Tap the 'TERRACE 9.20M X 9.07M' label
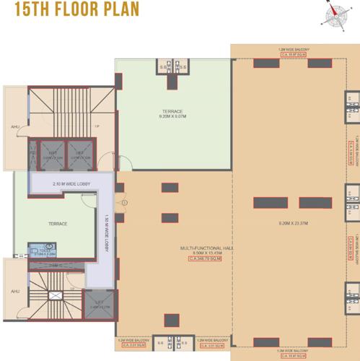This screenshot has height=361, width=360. point(173,113)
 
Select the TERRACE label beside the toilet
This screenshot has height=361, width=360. point(58,224)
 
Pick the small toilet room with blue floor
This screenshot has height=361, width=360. point(40,250)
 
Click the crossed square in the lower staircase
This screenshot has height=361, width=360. point(56,296)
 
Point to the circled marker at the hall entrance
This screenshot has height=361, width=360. point(124,203)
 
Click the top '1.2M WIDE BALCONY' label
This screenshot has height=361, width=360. point(294,49)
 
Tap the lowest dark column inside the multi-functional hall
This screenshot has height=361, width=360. point(171,320)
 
